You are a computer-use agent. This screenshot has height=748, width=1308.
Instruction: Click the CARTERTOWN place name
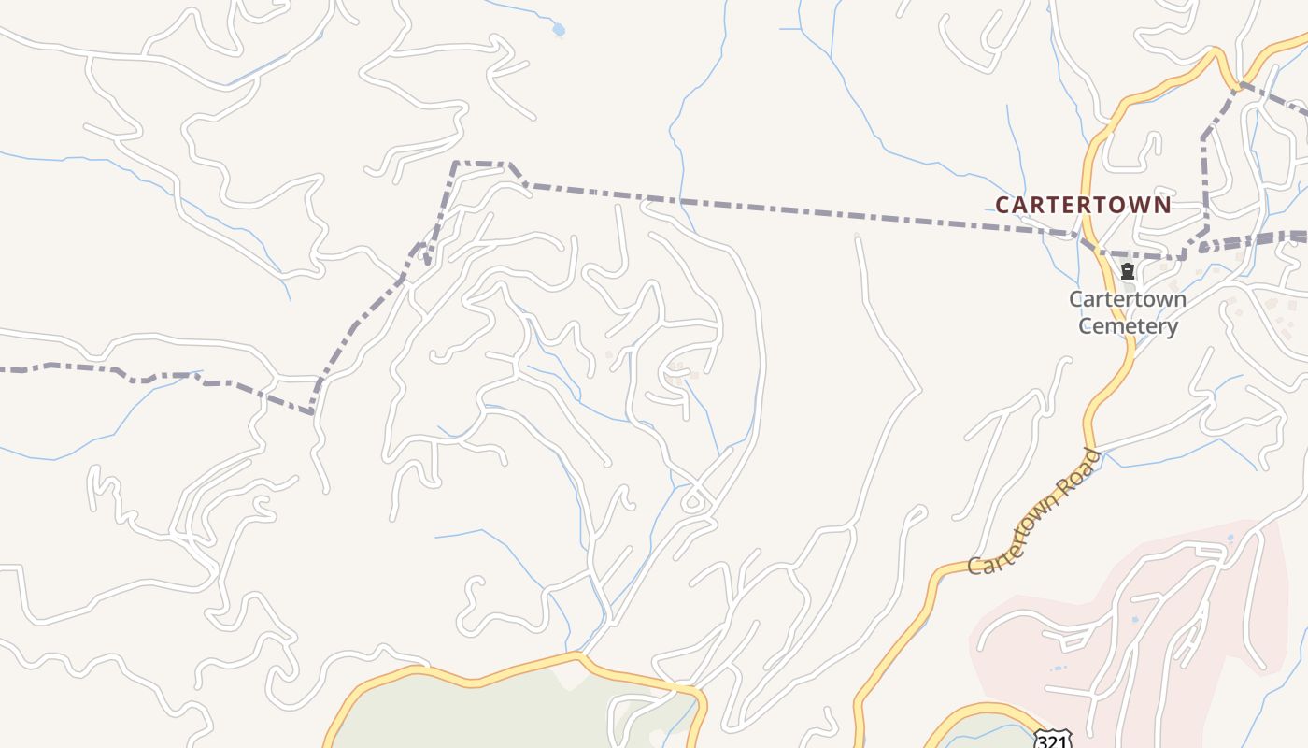(1083, 205)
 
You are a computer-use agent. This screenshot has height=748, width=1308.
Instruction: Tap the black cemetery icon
(1128, 272)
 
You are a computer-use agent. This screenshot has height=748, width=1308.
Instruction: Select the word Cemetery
(1128, 326)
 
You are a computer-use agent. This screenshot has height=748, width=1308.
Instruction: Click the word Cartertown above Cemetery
(1128, 300)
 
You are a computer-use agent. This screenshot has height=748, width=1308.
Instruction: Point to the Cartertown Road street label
(1035, 512)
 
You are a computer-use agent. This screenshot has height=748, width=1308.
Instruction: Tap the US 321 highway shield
(1053, 739)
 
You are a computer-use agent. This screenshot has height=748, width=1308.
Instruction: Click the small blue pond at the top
(559, 30)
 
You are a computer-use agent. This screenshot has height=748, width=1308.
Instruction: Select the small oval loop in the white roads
(692, 503)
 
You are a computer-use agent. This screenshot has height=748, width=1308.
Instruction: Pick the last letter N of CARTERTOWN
(1162, 205)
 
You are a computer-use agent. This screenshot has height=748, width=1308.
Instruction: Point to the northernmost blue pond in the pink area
(1230, 539)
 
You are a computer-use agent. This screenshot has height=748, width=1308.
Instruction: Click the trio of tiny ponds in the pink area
(1058, 668)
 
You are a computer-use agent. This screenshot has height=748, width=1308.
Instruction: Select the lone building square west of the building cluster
(609, 354)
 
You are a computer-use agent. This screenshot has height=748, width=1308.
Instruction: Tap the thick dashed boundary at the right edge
(1294, 237)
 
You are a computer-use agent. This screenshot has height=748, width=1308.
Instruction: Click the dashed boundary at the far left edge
(9, 369)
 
